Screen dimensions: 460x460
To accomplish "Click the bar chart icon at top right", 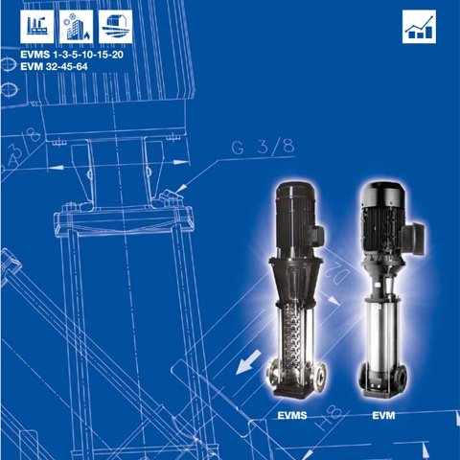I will (418, 28).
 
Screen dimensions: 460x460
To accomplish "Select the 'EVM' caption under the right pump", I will (383, 416).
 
